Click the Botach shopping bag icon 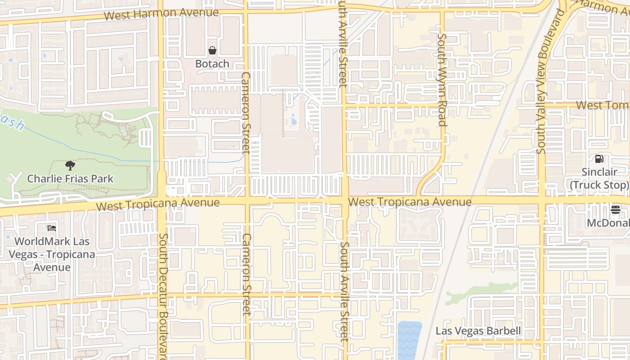click(212, 50)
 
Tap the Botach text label click(212, 64)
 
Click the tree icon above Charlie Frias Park click(70, 165)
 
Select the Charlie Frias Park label click(70, 179)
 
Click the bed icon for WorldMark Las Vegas click(52, 228)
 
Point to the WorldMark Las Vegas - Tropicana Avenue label click(52, 254)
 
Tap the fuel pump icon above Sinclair click(599, 158)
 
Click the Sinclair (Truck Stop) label click(599, 179)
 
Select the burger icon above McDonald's click(615, 209)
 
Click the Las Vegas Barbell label click(478, 331)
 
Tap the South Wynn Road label click(442, 80)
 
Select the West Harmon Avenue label click(161, 13)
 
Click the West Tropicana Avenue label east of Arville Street click(409, 202)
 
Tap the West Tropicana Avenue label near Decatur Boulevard click(158, 204)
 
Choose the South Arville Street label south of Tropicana click(344, 291)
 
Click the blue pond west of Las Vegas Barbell click(409, 340)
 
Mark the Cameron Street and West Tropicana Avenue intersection click(247, 200)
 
